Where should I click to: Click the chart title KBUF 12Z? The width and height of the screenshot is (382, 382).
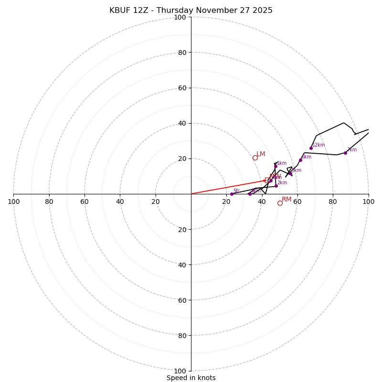(191, 11)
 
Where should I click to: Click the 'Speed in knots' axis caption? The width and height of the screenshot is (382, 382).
(191, 378)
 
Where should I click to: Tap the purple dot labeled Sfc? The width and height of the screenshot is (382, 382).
(232, 194)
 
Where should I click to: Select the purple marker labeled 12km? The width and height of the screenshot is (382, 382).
(311, 148)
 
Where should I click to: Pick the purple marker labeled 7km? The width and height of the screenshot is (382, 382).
(345, 153)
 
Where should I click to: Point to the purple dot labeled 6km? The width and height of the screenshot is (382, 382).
(300, 160)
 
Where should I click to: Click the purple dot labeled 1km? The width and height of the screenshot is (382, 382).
(276, 167)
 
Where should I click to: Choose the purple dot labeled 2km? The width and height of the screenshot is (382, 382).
(276, 186)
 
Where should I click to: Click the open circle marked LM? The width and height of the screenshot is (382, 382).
(255, 158)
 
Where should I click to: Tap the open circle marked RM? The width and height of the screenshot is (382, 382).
(280, 203)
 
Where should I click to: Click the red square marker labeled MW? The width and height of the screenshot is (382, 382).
(267, 180)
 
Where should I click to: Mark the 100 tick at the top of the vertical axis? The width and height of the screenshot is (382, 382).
(180, 17)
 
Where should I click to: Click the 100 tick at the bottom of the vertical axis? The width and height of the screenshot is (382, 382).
(180, 371)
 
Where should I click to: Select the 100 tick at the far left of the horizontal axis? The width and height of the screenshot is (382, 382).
(14, 202)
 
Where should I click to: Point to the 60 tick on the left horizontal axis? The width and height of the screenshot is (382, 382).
(85, 202)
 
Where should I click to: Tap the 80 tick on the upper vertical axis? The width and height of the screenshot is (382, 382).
(181, 53)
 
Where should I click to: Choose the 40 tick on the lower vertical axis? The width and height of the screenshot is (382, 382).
(181, 265)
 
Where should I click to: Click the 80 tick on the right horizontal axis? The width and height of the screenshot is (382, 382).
(333, 202)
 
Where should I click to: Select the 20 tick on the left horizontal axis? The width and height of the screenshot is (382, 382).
(156, 202)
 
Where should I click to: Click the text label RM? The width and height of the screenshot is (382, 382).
(286, 200)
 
